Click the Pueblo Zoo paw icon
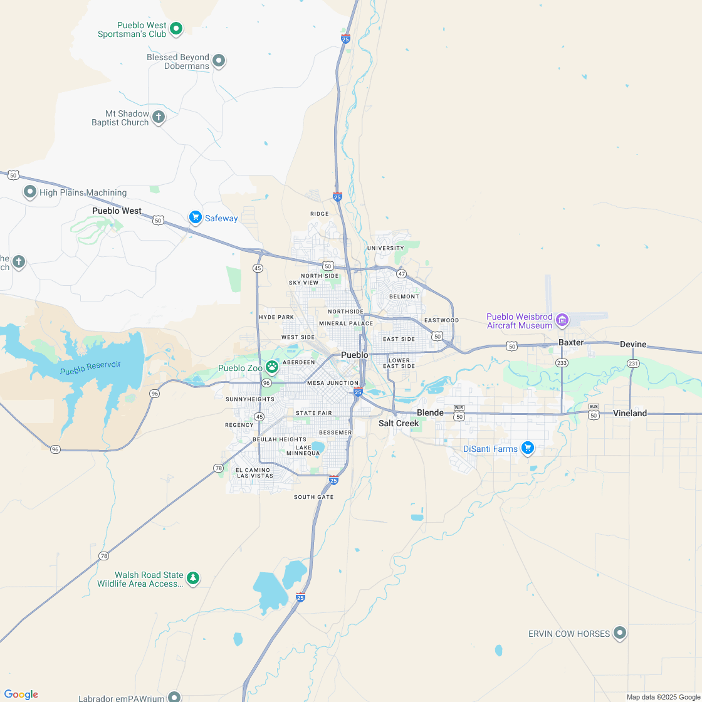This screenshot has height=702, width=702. (272, 366)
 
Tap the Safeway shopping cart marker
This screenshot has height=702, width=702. (195, 217)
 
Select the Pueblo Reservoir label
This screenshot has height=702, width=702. (90, 368)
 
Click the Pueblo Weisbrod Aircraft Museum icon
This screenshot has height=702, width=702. (562, 320)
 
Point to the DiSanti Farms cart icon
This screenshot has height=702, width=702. (528, 448)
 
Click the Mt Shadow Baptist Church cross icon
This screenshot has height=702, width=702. (159, 117)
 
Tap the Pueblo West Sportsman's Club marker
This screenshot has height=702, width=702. (177, 28)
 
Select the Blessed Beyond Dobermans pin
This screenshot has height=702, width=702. (219, 61)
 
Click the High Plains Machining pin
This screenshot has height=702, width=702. (30, 192)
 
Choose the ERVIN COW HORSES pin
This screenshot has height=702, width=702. (620, 633)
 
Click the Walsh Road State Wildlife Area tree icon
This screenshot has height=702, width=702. (193, 578)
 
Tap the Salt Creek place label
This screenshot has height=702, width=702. (399, 423)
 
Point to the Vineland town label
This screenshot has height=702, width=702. (630, 413)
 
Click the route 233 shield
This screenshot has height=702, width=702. (562, 363)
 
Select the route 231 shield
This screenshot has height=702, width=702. (633, 364)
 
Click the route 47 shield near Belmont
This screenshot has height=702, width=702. (402, 274)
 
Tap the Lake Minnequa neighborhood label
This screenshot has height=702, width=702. (303, 450)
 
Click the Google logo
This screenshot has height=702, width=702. (21, 694)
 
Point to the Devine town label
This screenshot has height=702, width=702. (633, 344)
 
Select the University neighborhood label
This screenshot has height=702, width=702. (385, 248)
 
